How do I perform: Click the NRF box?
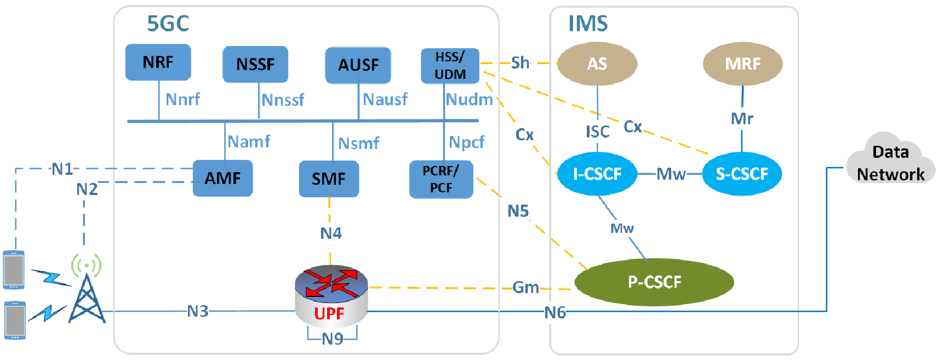tap(158, 62)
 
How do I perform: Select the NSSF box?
tap(255, 64)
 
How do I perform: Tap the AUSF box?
tap(358, 65)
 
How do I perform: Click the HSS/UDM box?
tap(450, 66)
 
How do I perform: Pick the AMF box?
tap(222, 178)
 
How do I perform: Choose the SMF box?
tap(329, 179)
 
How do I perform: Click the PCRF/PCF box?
tap(441, 179)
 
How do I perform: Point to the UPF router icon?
tap(331, 296)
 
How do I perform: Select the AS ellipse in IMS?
tap(597, 64)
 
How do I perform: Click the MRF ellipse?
tap(742, 64)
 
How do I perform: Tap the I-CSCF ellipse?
tap(597, 174)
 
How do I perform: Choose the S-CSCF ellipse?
tap(742, 174)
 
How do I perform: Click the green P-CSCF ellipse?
tap(654, 282)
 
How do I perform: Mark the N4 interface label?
tap(331, 233)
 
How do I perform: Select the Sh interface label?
tap(520, 62)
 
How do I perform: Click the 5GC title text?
tap(168, 24)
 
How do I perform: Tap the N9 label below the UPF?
tap(332, 339)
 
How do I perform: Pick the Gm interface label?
tap(525, 287)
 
